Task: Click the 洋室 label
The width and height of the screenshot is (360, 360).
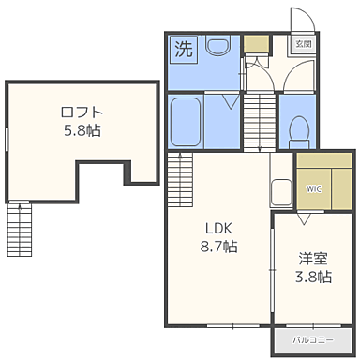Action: click(x=313, y=258)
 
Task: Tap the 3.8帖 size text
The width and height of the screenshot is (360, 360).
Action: click(x=313, y=277)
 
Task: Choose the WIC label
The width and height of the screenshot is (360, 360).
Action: click(x=312, y=188)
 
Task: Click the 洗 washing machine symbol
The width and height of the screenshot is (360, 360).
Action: click(x=185, y=49)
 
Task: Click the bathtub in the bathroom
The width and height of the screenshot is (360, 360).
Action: click(x=185, y=122)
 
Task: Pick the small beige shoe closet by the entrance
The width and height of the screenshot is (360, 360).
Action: click(x=255, y=43)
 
